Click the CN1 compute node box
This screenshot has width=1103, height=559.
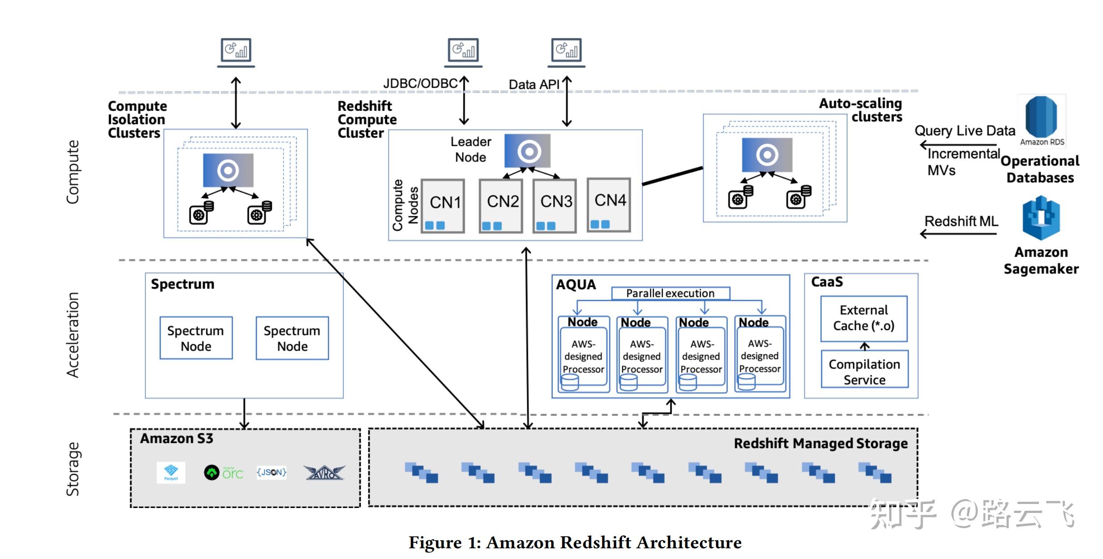click(x=443, y=206)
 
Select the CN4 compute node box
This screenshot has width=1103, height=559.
click(x=609, y=205)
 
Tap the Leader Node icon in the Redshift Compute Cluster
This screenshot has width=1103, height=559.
click(x=527, y=151)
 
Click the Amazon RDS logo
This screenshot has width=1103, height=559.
click(x=1041, y=120)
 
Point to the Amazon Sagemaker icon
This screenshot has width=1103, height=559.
click(x=1041, y=218)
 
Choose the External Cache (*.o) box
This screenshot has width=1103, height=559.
click(x=864, y=318)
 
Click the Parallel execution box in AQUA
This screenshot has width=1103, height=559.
click(x=670, y=293)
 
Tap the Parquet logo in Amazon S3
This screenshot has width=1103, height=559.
click(x=171, y=473)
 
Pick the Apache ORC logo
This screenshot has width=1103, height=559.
click(x=224, y=473)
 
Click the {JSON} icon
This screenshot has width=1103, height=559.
click(x=272, y=472)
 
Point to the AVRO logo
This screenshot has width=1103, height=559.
click(x=324, y=473)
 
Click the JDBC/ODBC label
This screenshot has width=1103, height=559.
click(x=420, y=84)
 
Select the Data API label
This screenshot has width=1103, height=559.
click(x=534, y=85)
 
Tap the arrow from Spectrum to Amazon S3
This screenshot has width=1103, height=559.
click(x=244, y=413)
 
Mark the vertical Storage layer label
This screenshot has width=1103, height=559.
click(x=73, y=469)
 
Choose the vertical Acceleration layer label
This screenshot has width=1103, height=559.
click(x=73, y=335)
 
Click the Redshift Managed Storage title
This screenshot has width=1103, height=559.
click(x=820, y=443)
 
